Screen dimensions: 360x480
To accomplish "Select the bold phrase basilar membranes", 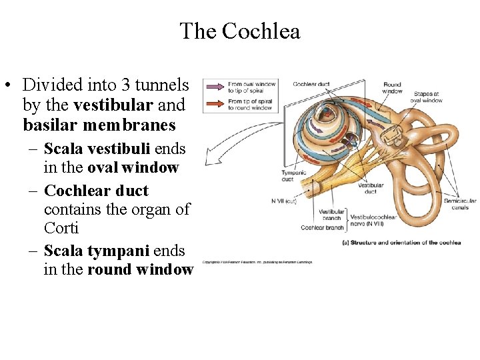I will tap(99, 125).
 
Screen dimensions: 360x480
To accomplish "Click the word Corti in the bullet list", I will tap(61, 228).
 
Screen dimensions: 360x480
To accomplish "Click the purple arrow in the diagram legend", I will tap(215, 86).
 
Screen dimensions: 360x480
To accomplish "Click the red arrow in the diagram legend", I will tap(215, 103).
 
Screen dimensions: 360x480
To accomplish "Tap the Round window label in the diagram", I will tap(392, 88).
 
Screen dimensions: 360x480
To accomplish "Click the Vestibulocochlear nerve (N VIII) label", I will tap(373, 220).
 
